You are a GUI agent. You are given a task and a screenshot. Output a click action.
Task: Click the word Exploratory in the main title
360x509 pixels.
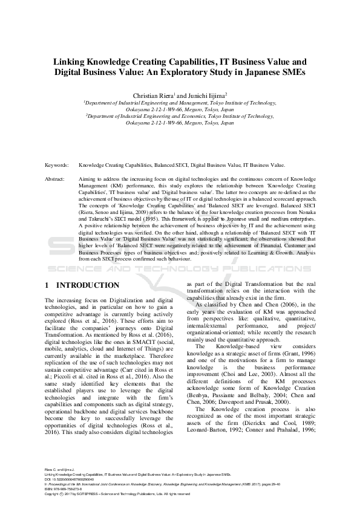click(x=202, y=72)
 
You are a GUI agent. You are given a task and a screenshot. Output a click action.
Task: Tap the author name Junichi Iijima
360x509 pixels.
click(x=206, y=95)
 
